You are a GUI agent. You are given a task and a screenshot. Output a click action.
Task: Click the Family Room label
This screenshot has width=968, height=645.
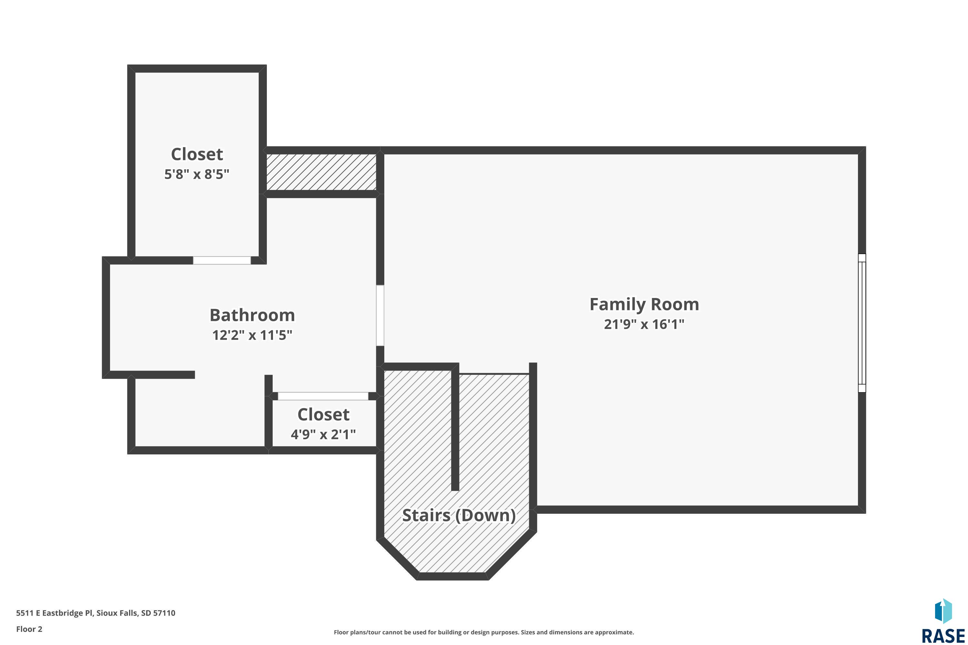click(x=644, y=305)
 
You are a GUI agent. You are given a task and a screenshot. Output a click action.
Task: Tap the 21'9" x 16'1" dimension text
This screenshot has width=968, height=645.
click(x=644, y=324)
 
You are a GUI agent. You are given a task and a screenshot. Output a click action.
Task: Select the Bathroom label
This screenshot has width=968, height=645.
click(x=252, y=315)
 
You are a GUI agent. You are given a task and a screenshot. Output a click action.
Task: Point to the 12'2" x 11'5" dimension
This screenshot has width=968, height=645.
click(x=252, y=335)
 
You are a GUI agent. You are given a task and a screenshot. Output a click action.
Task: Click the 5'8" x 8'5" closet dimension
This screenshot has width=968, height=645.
click(x=197, y=174)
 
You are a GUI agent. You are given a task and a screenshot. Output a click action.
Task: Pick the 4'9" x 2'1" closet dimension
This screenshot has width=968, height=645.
click(x=323, y=434)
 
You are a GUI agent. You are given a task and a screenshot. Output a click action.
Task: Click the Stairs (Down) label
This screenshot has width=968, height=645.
click(x=459, y=515)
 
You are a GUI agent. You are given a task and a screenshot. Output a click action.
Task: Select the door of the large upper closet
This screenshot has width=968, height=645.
click(x=222, y=260)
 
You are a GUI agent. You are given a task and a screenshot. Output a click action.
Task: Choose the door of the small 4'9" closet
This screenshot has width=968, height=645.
click(x=323, y=396)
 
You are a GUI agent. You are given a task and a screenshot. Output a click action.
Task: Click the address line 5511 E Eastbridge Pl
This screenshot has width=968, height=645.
click(x=96, y=613)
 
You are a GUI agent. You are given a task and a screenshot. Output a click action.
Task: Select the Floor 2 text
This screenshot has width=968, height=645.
click(x=29, y=629)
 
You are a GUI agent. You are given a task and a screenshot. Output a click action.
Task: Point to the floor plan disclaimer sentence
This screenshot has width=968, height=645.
click(x=484, y=632)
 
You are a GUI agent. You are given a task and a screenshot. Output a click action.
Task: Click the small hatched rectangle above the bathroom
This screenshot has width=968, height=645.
click(x=321, y=172)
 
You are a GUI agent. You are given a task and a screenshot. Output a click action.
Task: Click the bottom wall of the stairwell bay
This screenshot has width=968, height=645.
click(x=453, y=576)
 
